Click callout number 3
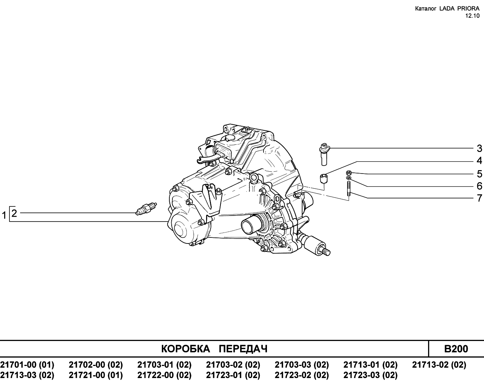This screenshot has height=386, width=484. [479, 149]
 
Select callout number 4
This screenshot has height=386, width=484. [479, 161]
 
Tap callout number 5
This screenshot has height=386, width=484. [479, 174]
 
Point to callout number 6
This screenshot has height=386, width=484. [479, 186]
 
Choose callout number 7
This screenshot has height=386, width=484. [479, 198]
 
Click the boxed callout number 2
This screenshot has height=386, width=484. [14, 213]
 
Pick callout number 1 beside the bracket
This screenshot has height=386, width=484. [4, 215]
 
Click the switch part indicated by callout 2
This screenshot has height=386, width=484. [146, 209]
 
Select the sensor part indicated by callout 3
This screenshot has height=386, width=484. [324, 154]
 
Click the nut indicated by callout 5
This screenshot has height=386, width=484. [349, 173]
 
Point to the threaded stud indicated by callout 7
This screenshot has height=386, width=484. [349, 189]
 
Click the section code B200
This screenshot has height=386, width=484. [456, 349]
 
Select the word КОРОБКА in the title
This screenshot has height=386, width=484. [186, 349]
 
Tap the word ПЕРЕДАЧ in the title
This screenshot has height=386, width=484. [243, 349]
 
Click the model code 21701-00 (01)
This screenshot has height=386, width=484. [27, 365]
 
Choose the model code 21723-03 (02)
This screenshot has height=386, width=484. [371, 375]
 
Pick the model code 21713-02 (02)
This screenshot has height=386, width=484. [439, 365]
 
